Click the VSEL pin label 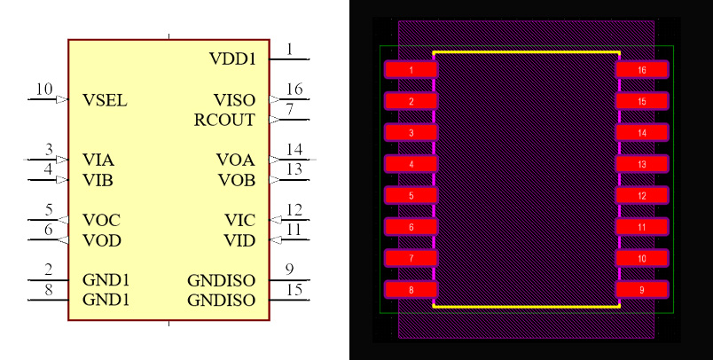click(105, 100)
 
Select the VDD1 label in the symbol click(232, 59)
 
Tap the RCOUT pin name click(224, 120)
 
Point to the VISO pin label click(234, 100)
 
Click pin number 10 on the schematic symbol click(44, 90)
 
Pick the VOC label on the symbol click(101, 220)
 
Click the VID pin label click(239, 240)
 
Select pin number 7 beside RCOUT click(289, 110)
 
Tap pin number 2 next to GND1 click(49, 270)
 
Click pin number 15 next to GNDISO click(294, 290)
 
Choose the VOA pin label click(235, 160)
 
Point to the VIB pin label click(98, 180)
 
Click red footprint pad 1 click(411, 69)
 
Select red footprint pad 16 click(642, 69)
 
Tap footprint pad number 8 click(411, 290)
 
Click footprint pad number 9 click(642, 290)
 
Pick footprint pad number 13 click(642, 164)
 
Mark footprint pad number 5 click(411, 195)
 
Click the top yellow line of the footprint click(526, 52)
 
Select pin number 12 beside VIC click(294, 210)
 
